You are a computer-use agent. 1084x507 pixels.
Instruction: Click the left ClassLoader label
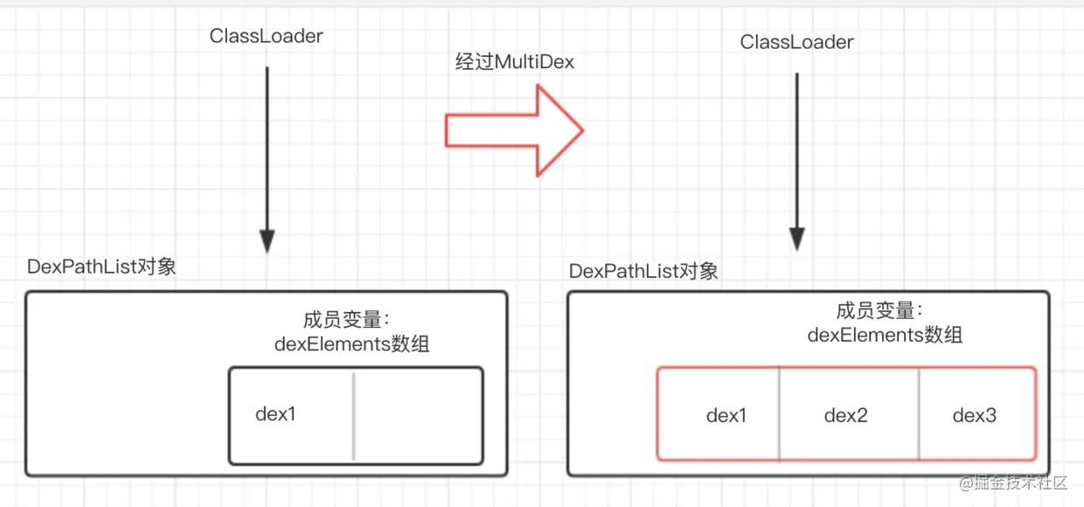click(x=266, y=37)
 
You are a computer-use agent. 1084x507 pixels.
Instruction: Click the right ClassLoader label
click(x=796, y=42)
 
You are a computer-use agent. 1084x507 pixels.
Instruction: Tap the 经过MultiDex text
click(x=514, y=62)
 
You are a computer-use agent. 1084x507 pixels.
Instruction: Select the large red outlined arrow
click(x=514, y=130)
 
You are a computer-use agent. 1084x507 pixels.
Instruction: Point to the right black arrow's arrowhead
click(x=797, y=239)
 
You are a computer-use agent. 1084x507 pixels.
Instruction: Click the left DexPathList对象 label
click(x=101, y=267)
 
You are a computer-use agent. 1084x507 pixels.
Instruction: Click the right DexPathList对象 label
click(x=643, y=271)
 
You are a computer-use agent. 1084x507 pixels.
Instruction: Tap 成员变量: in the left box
click(x=346, y=320)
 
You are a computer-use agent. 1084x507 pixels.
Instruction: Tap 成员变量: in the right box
click(x=879, y=310)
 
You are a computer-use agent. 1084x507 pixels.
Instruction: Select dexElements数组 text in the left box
click(x=351, y=344)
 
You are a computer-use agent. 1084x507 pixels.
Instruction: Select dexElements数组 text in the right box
click(x=885, y=336)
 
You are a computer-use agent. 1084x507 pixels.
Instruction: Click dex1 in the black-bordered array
click(x=275, y=414)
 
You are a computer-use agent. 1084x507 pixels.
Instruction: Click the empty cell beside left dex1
click(x=419, y=415)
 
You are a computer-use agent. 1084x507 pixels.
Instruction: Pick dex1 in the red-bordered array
click(x=726, y=415)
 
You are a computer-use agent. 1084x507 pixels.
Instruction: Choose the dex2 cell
click(x=850, y=414)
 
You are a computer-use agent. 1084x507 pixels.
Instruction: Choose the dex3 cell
click(x=976, y=414)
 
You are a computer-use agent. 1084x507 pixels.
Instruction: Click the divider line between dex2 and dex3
click(x=919, y=414)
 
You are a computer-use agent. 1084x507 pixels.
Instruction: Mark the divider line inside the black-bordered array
click(x=354, y=416)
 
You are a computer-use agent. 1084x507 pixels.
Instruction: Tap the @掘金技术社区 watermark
click(x=1013, y=483)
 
